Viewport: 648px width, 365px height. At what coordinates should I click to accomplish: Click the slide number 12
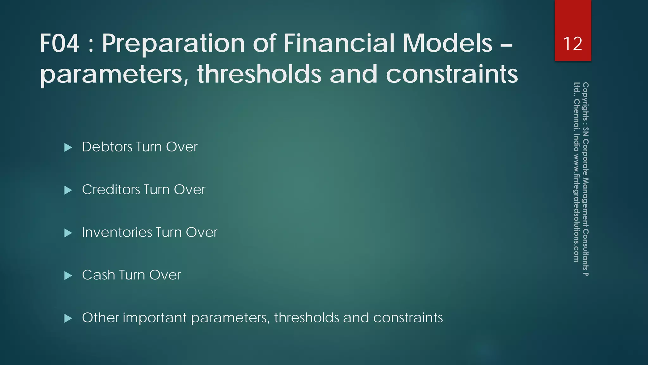[x=572, y=43]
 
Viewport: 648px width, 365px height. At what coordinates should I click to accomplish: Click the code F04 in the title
[x=59, y=43]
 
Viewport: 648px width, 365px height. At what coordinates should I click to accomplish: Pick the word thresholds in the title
[x=259, y=74]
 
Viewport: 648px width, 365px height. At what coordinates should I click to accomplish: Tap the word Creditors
[x=111, y=190]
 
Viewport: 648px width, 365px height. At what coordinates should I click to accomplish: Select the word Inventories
[x=117, y=233]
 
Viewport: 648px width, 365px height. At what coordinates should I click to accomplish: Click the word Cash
[x=98, y=275]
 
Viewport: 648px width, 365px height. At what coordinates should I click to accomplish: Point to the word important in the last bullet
[x=155, y=318]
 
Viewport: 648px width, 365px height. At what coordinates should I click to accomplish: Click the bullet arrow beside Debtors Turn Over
[x=68, y=147]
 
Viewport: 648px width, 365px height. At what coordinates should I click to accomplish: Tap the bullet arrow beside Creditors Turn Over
[x=68, y=190]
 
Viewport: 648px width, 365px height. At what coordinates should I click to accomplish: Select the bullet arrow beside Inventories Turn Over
[x=68, y=233]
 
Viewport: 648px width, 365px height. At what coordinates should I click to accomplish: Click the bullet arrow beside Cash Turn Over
[x=68, y=276]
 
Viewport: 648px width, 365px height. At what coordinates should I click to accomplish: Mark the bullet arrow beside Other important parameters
[x=68, y=318]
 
